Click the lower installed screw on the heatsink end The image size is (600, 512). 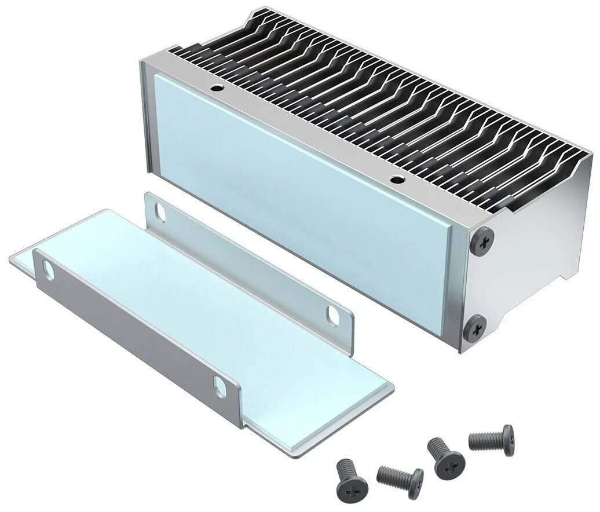click(x=474, y=328)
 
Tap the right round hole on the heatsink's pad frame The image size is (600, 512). click(x=396, y=180)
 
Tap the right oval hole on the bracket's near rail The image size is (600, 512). click(x=220, y=386)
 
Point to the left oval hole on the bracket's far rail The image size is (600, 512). click(x=159, y=214)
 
